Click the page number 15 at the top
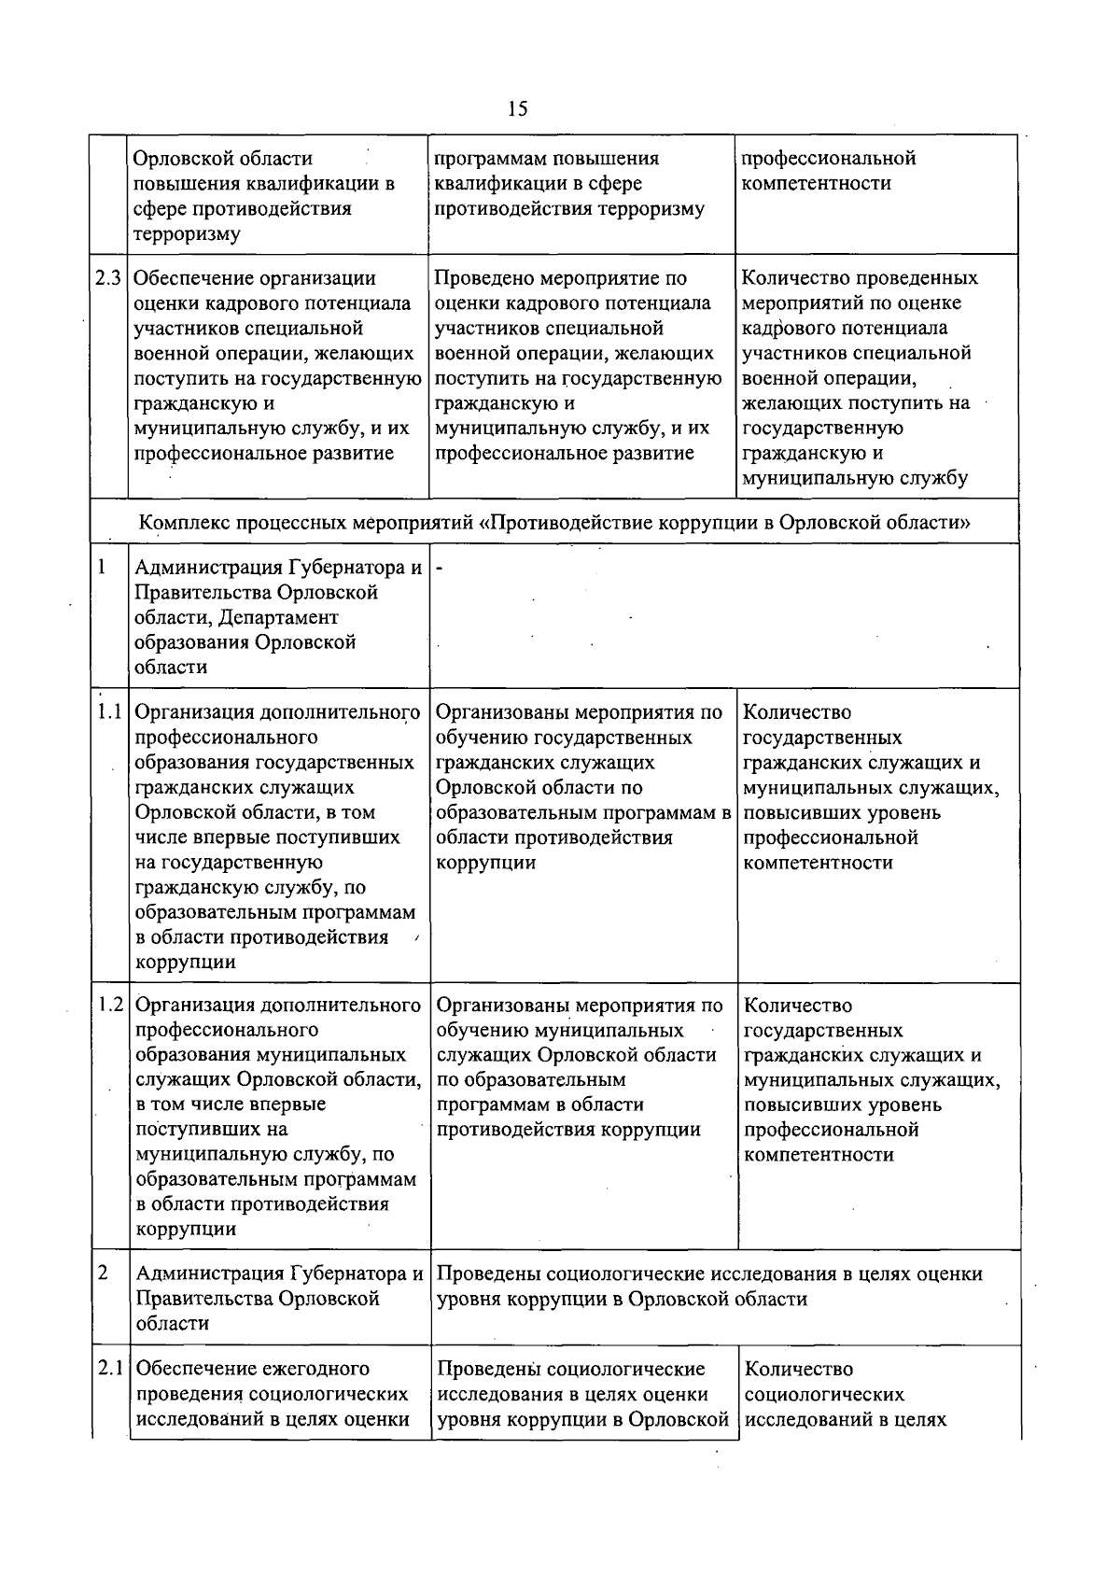pyautogui.click(x=518, y=109)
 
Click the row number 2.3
pyautogui.click(x=108, y=278)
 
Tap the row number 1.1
pyautogui.click(x=110, y=713)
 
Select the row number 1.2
pyautogui.click(x=110, y=1006)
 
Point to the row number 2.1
pyautogui.click(x=110, y=1370)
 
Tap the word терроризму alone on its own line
pyautogui.click(x=187, y=234)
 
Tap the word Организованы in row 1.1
pyautogui.click(x=500, y=713)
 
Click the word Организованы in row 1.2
pyautogui.click(x=500, y=1006)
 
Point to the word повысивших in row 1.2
pyautogui.click(x=795, y=1105)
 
